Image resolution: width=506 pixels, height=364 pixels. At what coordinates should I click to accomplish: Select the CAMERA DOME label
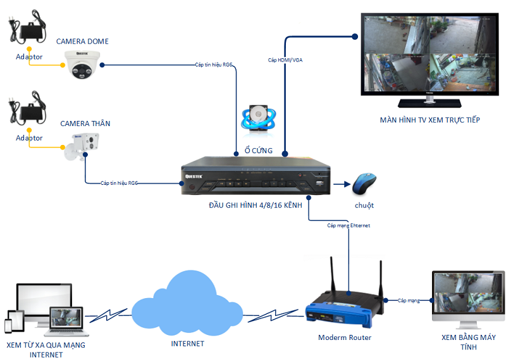(x=82, y=41)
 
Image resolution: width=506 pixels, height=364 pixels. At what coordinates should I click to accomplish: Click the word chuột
(x=364, y=205)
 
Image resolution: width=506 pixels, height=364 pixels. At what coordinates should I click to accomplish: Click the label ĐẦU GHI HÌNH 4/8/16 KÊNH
(x=256, y=205)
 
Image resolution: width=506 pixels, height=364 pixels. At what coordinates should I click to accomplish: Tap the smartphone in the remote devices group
(x=9, y=325)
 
